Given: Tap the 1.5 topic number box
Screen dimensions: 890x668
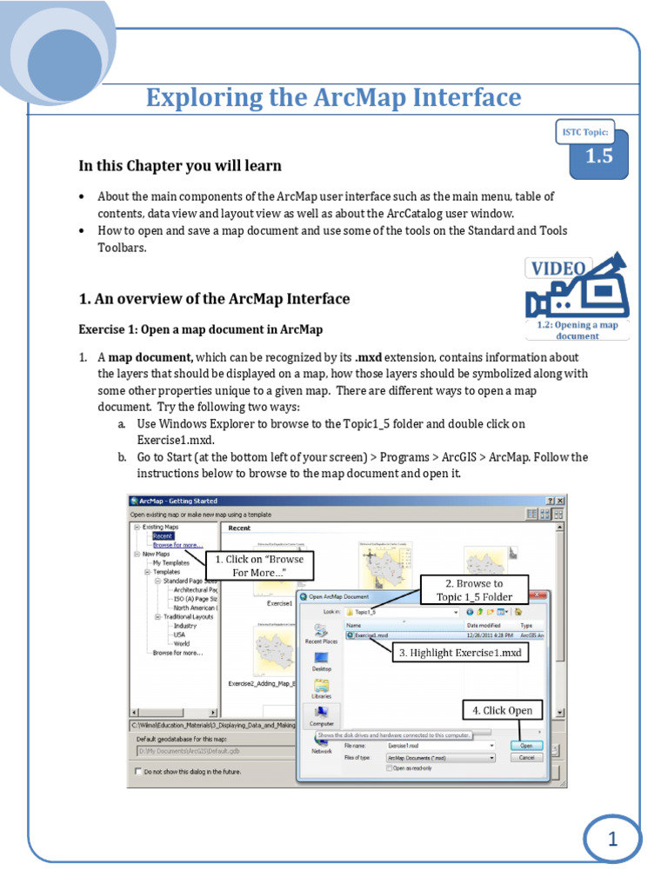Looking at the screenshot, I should [x=598, y=156].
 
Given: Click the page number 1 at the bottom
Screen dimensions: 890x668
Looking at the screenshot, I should [x=611, y=840].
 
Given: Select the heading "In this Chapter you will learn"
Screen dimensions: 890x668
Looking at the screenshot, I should [x=180, y=165].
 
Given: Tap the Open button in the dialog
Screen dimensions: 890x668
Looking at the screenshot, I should [x=525, y=745].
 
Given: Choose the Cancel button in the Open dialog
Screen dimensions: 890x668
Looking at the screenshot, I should [x=525, y=757].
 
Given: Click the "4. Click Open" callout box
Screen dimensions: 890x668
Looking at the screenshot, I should [x=502, y=710].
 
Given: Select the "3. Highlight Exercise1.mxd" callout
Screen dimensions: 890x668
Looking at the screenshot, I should [x=460, y=652].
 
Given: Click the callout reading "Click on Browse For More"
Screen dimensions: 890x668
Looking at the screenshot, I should [x=259, y=566].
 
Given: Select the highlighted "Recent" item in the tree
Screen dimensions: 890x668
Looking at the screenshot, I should [x=163, y=536].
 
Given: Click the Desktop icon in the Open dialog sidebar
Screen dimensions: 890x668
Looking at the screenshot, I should [x=321, y=661].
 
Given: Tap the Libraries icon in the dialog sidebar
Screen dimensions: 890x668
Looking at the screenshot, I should [x=321, y=689].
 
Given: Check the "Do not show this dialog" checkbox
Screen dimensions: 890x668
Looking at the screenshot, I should [x=137, y=771].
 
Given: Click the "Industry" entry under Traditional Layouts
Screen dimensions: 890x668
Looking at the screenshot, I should [x=184, y=625].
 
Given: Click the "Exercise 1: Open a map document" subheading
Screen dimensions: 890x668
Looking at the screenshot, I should [x=200, y=329].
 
